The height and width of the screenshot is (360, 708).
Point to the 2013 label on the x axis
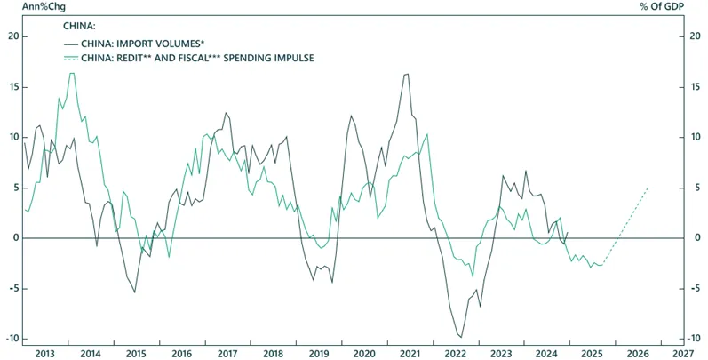45,353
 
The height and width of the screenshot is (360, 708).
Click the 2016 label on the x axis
181,353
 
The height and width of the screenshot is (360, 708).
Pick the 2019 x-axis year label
318,353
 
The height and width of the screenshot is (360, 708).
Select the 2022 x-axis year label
455,353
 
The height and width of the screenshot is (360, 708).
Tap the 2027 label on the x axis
682,353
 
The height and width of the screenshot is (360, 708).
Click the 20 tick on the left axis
13,36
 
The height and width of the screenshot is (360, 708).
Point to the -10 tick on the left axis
12,339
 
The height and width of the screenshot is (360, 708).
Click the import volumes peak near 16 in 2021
407,74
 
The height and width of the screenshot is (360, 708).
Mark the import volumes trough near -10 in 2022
460,337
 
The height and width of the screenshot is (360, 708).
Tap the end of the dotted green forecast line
648,188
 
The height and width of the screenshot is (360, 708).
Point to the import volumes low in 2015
135,292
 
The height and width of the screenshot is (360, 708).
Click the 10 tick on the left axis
13,137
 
